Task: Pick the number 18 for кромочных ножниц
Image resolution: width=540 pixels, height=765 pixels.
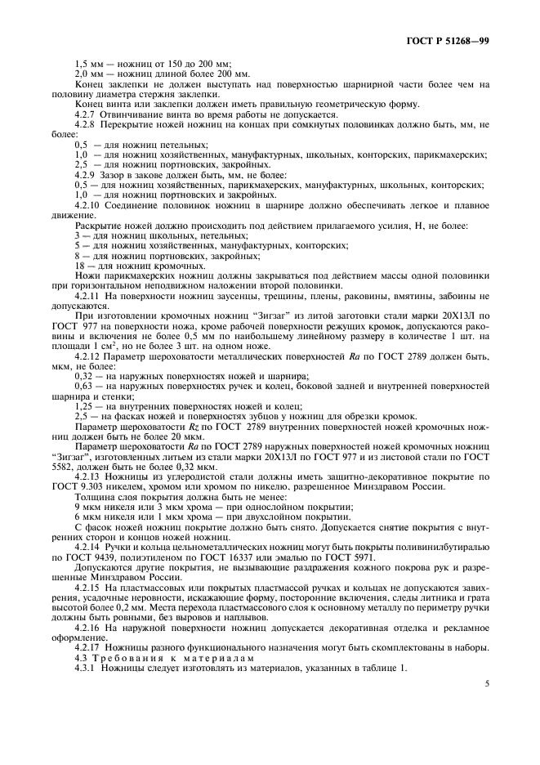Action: [x=79, y=266]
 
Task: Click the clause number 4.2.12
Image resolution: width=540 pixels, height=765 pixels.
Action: [x=90, y=358]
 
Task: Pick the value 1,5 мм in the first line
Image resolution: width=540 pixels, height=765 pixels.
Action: [x=87, y=63]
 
